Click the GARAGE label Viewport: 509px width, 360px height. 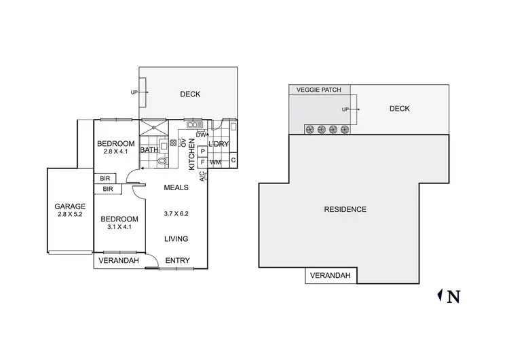click(x=69, y=206)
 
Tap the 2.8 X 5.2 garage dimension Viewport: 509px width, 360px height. click(x=69, y=215)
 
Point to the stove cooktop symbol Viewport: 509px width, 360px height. click(x=174, y=143)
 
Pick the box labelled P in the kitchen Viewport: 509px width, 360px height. click(x=202, y=151)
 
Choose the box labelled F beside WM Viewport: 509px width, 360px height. click(x=202, y=163)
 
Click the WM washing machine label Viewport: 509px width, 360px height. click(x=215, y=163)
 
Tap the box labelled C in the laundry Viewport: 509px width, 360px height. click(x=233, y=161)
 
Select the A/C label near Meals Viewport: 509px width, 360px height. click(x=202, y=176)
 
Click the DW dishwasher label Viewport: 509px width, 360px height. click(x=201, y=135)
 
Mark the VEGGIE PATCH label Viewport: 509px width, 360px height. click(x=320, y=90)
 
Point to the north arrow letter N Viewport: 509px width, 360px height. click(x=454, y=296)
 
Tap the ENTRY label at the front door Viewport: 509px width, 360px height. click(x=177, y=261)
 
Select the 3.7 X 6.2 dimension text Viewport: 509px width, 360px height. click(x=176, y=213)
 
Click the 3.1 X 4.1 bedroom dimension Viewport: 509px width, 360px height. click(x=119, y=228)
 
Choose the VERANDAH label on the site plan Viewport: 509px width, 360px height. click(x=330, y=276)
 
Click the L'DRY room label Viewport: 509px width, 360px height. click(x=219, y=144)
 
